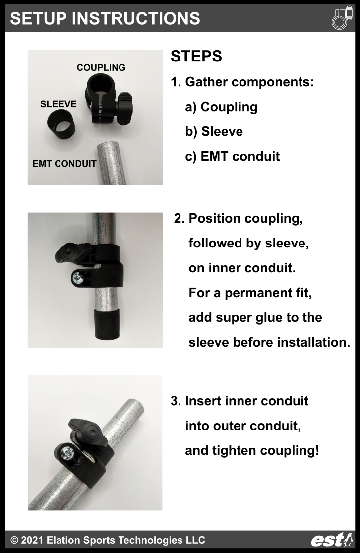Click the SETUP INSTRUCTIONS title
pyautogui.click(x=105, y=18)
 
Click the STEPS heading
pyautogui.click(x=196, y=57)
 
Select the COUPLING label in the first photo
pyautogui.click(x=101, y=67)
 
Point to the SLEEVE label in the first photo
pyautogui.click(x=58, y=104)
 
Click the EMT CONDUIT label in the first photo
pyautogui.click(x=64, y=163)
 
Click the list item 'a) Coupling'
pyautogui.click(x=221, y=107)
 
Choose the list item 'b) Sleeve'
pyautogui.click(x=214, y=131)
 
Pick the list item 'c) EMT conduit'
pyautogui.click(x=232, y=156)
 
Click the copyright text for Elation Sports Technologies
pyautogui.click(x=108, y=540)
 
